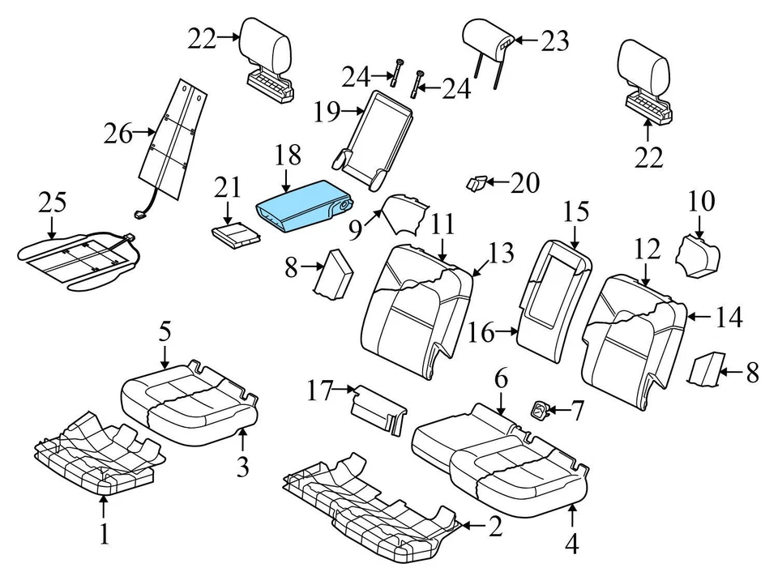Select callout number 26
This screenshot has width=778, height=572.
[x=118, y=134]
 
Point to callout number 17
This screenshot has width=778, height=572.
[x=320, y=392]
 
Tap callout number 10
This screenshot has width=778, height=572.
[x=703, y=199]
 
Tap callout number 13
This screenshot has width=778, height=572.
[x=502, y=254]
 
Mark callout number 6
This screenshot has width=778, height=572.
[x=500, y=379]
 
